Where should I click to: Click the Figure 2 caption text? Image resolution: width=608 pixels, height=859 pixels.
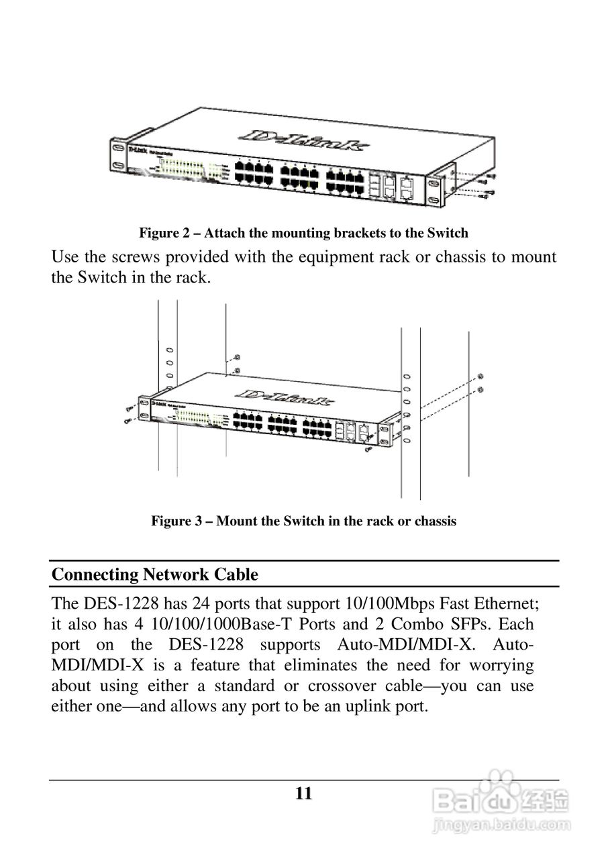coord(303,234)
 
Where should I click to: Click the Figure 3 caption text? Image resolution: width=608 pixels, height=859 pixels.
coord(303,521)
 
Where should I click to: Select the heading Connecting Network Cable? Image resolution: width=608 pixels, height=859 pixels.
coord(154,574)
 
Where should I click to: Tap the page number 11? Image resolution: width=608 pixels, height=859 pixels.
coord(303,794)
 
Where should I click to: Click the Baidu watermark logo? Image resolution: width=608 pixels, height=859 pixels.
coord(500,799)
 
